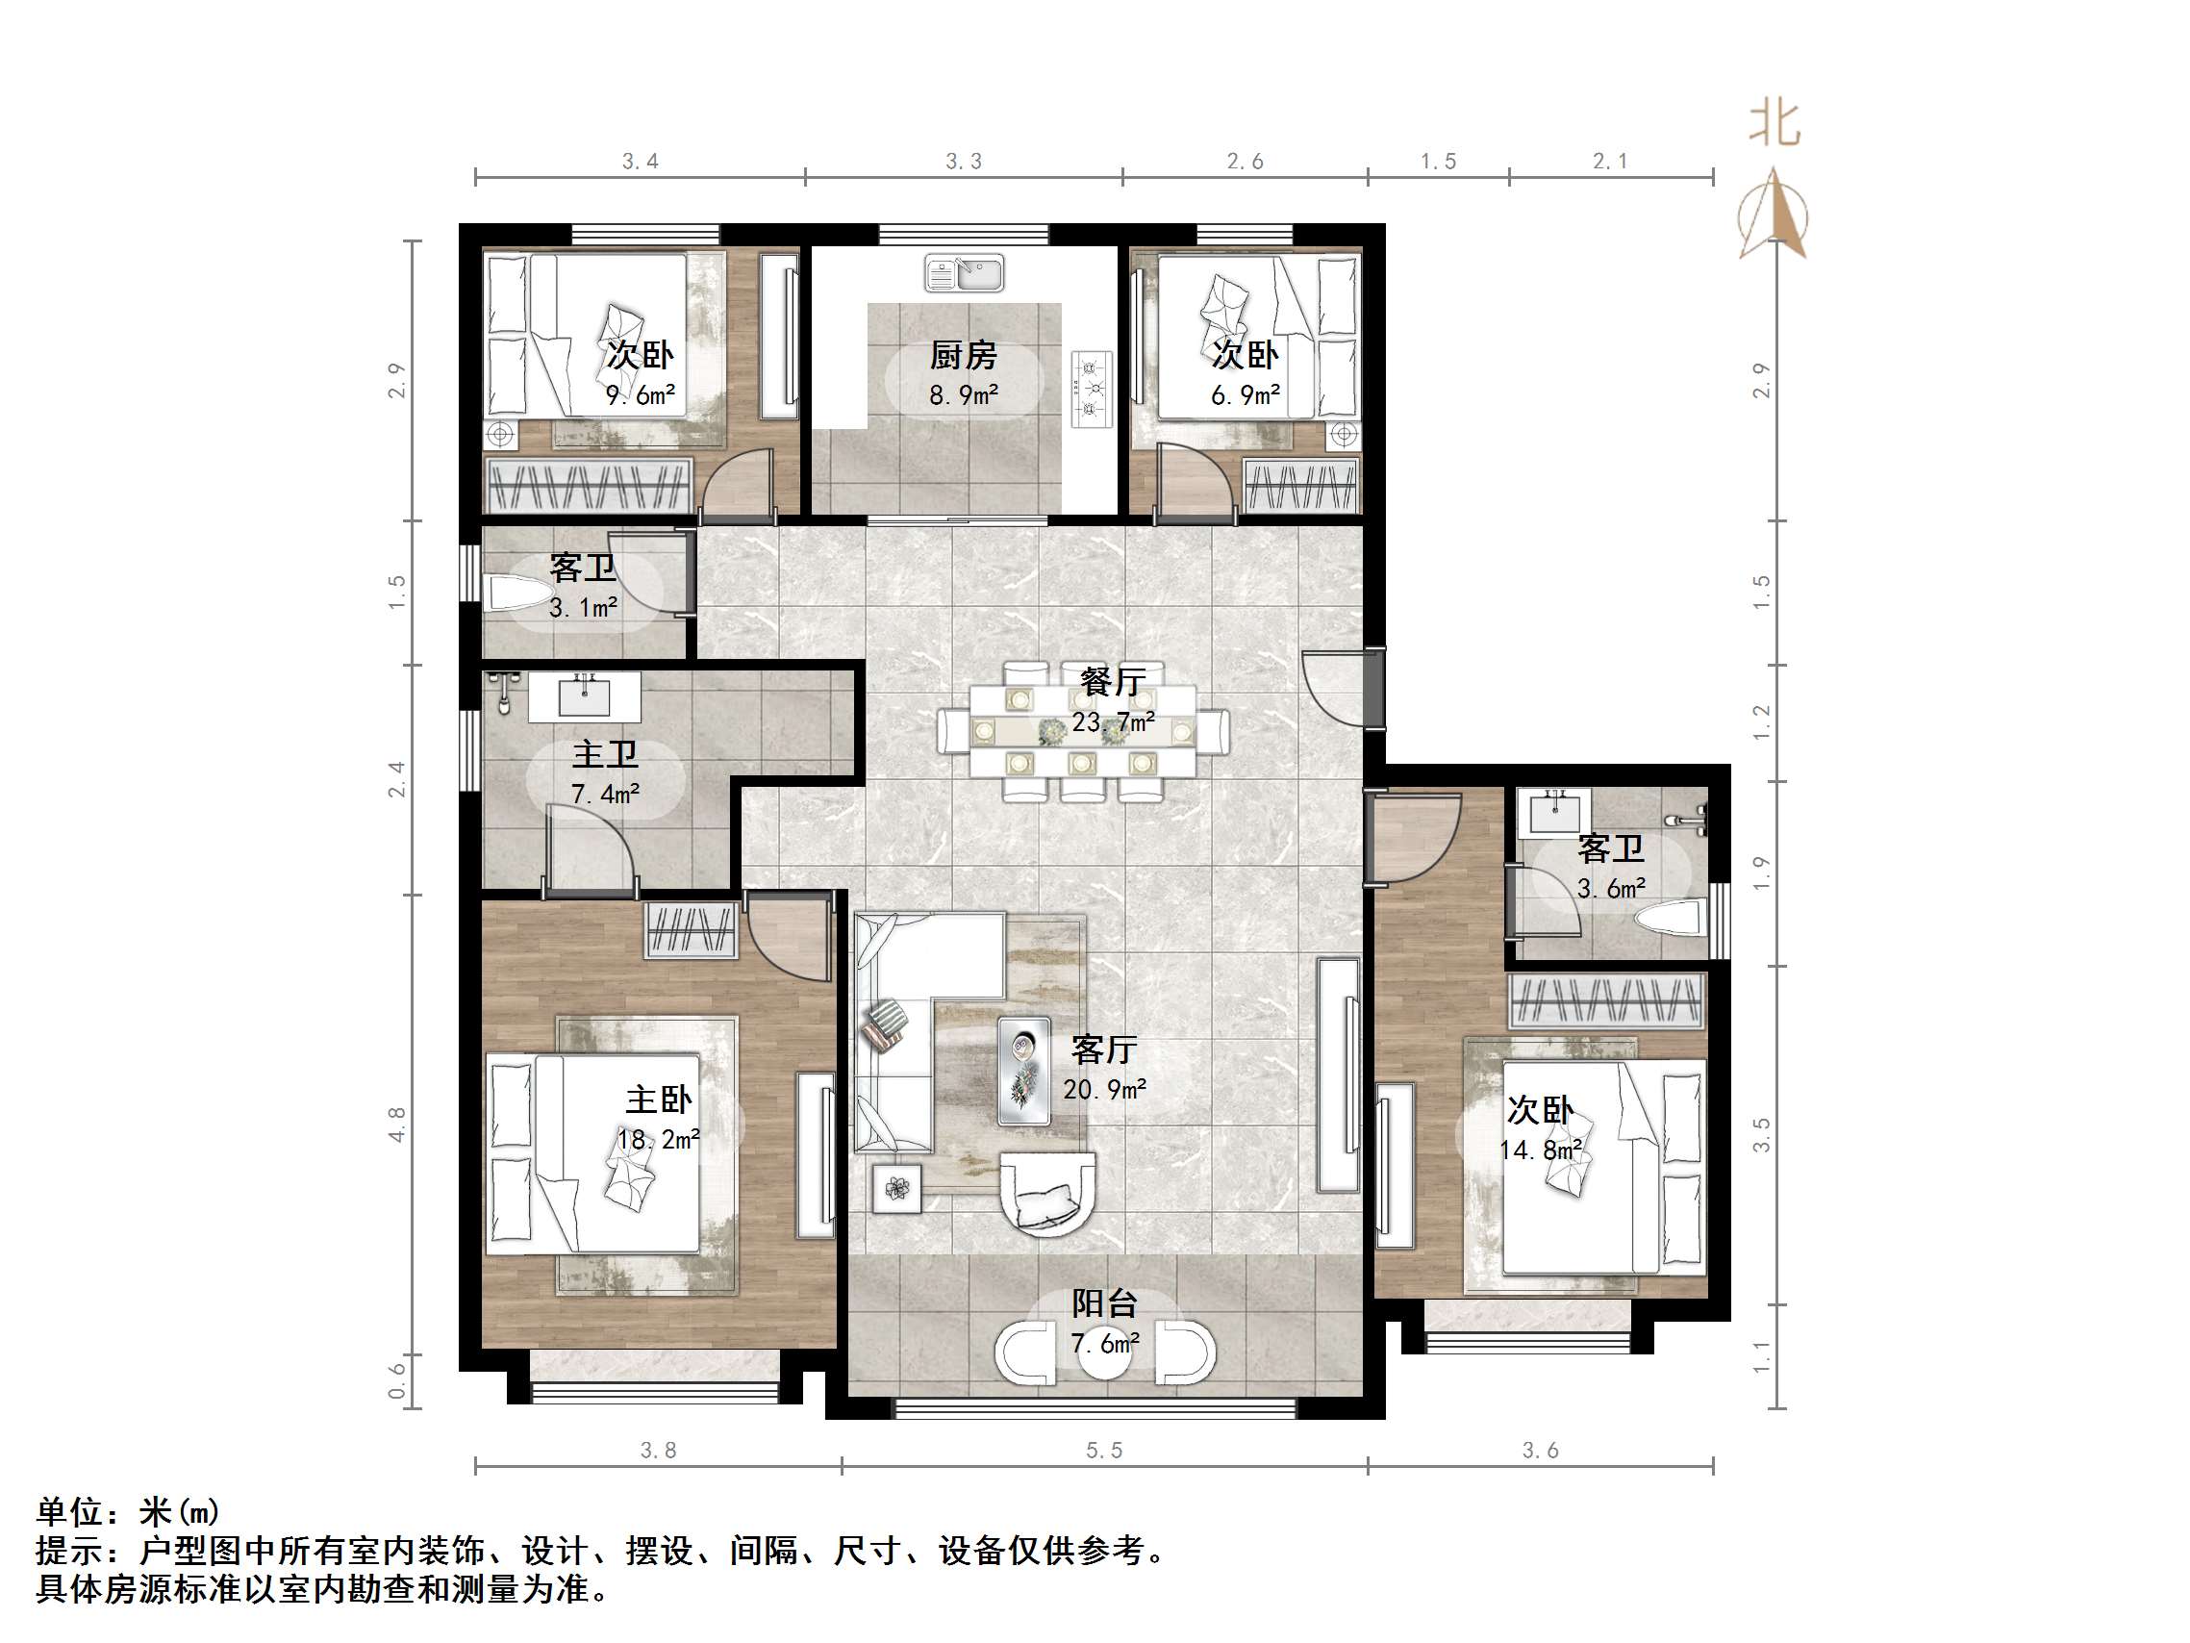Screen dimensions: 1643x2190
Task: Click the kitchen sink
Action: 964,272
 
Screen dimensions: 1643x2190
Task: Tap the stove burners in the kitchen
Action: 1092,390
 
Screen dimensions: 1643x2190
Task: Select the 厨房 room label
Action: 963,355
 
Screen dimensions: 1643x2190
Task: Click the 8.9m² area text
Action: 963,395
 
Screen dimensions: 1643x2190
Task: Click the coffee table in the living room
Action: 1023,1071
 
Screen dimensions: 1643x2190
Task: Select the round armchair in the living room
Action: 1048,1193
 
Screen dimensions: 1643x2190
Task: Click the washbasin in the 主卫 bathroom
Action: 584,696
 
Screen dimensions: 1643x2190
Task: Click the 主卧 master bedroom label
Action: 659,1100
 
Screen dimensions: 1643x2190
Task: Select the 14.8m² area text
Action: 1540,1150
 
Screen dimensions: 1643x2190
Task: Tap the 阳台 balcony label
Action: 1104,1303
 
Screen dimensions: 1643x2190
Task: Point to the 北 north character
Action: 1774,124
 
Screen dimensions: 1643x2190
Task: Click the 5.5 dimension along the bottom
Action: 1104,1451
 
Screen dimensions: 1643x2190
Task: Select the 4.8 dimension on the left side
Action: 397,1125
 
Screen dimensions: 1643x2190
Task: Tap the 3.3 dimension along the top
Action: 964,162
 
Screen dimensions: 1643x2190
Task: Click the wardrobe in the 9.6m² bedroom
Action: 588,485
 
